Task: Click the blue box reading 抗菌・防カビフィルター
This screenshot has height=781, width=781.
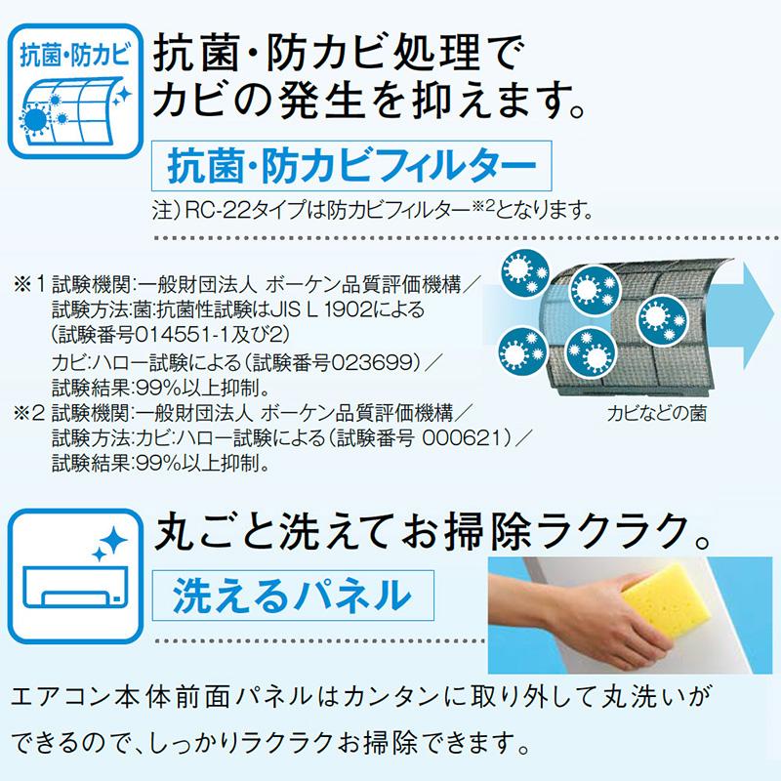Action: pos(351,166)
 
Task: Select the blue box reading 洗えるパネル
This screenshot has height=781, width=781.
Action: pos(293,596)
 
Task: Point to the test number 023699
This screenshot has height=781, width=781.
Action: pos(373,362)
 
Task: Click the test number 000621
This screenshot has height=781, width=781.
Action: pos(466,437)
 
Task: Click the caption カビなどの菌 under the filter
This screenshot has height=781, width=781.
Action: pos(656,413)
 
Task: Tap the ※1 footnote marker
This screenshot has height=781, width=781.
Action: pos(29,285)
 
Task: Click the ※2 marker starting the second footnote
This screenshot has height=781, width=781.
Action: pos(29,413)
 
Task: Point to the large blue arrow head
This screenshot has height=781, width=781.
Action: pos(759,315)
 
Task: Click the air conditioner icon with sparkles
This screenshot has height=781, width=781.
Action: pos(75,576)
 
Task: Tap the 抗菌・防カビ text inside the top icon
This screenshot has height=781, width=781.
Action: pos(75,55)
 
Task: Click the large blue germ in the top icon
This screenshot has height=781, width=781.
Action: pos(35,120)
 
